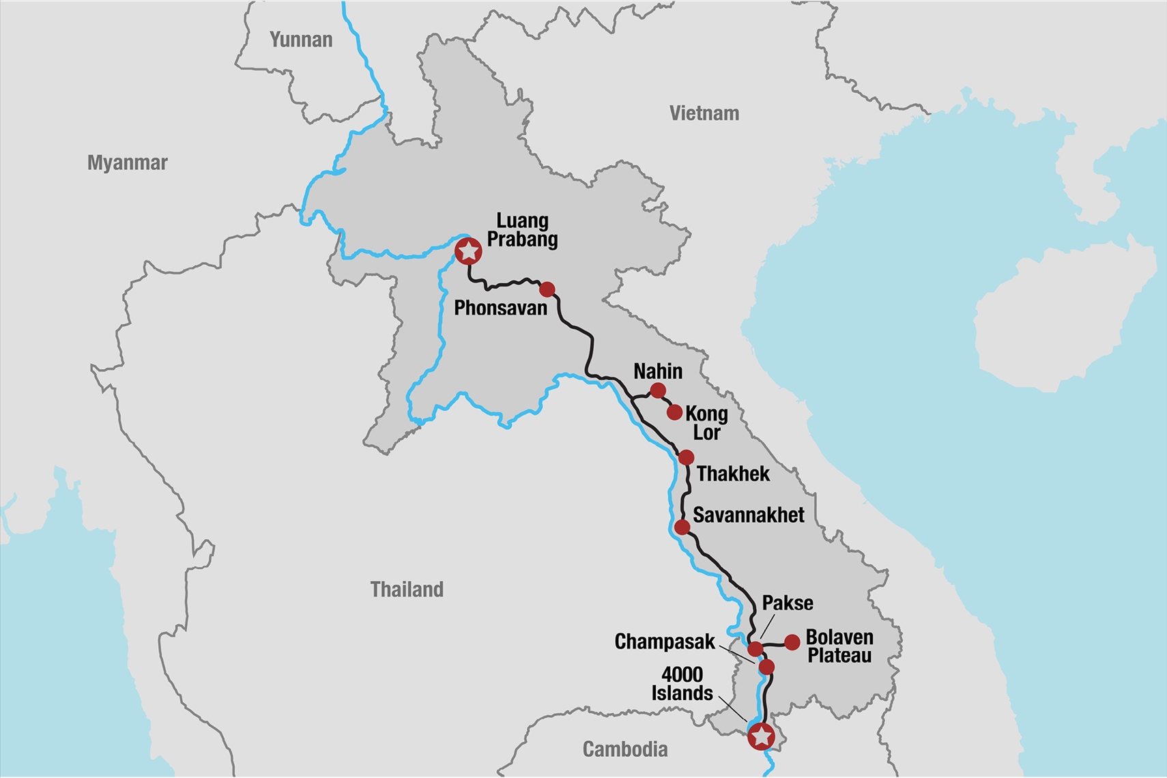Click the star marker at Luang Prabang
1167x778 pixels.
pos(468,252)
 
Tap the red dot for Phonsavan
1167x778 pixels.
pos(547,289)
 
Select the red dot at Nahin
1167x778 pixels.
pos(657,390)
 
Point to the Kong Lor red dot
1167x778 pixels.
pos(674,412)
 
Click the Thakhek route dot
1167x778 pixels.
pos(686,457)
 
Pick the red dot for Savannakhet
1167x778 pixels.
pos(682,527)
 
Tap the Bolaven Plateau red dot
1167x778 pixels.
pos(792,642)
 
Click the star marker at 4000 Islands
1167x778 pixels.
pos(761,736)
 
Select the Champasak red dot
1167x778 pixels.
pos(766,667)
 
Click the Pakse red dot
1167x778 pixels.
pos(755,648)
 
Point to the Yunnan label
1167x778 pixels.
pos(301,40)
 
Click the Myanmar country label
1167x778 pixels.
pos(127,162)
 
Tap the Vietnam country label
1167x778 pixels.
pos(704,113)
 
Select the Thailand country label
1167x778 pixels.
pos(407,589)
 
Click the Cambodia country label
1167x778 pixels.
pos(624,749)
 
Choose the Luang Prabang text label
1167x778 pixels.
pos(522,230)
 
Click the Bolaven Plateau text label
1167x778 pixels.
pos(839,646)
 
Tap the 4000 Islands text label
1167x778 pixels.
pos(682,684)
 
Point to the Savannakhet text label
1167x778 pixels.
pos(748,515)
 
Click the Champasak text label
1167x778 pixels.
pos(664,642)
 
